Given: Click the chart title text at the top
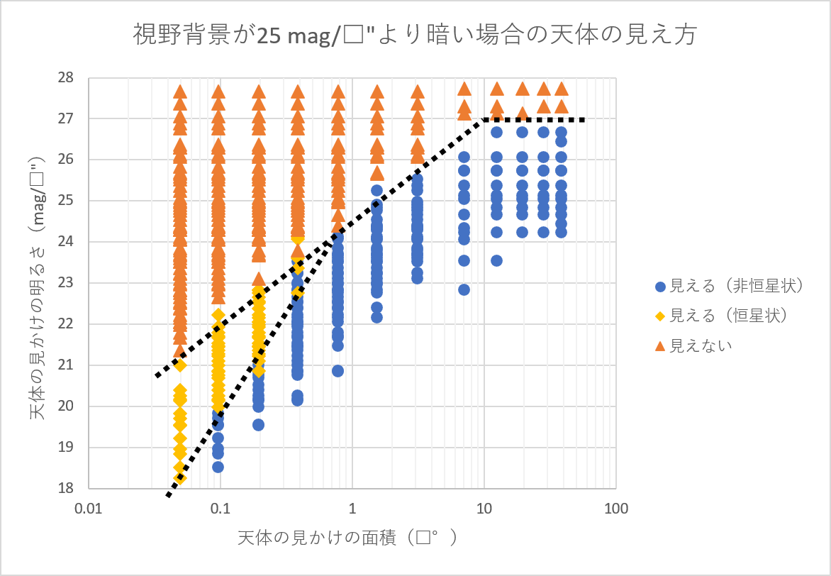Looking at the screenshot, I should [x=415, y=35].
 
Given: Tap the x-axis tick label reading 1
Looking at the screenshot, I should [x=352, y=508].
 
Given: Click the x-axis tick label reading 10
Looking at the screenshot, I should [x=484, y=508].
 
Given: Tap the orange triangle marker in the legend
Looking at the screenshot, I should [x=660, y=345].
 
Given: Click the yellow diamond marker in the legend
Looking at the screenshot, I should [x=660, y=316].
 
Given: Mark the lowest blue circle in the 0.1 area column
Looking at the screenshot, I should [x=218, y=467].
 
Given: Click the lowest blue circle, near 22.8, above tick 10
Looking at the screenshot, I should [x=464, y=289].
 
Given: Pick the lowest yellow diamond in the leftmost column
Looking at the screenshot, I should [x=180, y=478].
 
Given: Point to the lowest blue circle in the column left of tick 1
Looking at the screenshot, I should [x=338, y=371].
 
